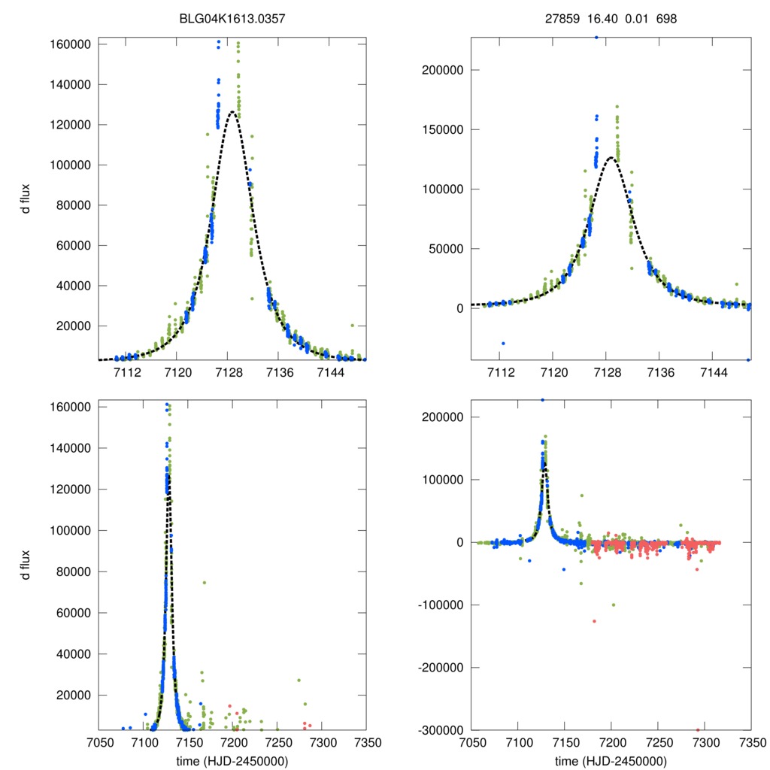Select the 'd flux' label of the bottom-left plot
tap(26, 565)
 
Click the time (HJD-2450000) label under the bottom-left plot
tap(232, 760)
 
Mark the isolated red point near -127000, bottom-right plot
tap(594, 621)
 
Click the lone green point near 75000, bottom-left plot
tap(204, 583)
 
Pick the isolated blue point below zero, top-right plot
tap(503, 343)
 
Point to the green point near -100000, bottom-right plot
tap(614, 605)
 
